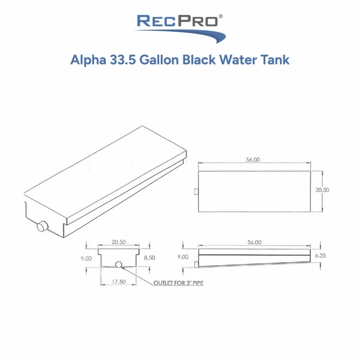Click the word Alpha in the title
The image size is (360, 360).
click(88, 60)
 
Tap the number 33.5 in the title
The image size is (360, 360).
click(123, 60)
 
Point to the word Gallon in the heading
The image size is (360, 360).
click(159, 60)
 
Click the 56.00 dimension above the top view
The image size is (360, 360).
click(253, 159)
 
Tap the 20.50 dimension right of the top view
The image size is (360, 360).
click(322, 190)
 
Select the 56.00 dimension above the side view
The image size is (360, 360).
click(255, 242)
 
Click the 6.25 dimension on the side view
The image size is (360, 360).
click(320, 256)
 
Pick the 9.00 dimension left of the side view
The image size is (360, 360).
click(183, 257)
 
